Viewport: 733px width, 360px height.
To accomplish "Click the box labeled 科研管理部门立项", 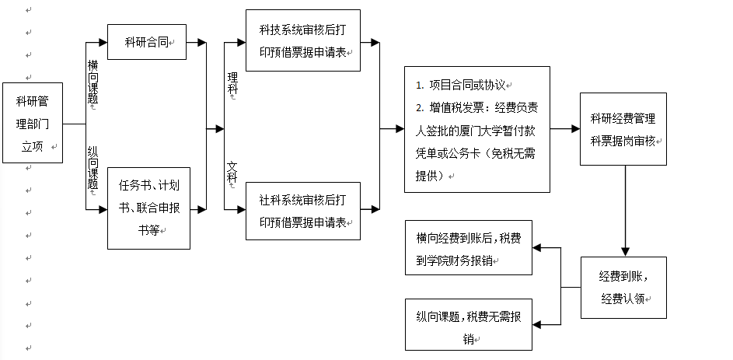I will (33, 123).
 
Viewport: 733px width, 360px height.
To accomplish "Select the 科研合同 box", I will (147, 42).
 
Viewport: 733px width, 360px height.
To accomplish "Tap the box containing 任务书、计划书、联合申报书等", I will (148, 208).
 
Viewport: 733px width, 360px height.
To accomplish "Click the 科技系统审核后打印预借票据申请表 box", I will (302, 40).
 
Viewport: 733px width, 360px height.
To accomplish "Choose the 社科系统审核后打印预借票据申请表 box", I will (302, 211).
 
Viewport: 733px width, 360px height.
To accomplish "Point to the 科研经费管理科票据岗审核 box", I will (623, 129).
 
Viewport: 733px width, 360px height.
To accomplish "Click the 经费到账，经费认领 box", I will (623, 287).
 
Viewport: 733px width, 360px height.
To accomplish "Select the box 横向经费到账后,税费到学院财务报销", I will (469, 247).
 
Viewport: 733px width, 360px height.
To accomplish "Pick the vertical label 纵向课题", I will (93, 167).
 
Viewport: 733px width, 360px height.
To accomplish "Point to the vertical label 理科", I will (232, 84).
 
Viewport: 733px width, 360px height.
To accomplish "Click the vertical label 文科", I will (232, 173).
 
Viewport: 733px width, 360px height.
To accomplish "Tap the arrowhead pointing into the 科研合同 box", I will (102, 42).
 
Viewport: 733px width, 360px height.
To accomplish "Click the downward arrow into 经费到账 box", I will (623, 250).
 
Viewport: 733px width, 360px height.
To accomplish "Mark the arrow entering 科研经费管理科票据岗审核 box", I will (574, 129).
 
